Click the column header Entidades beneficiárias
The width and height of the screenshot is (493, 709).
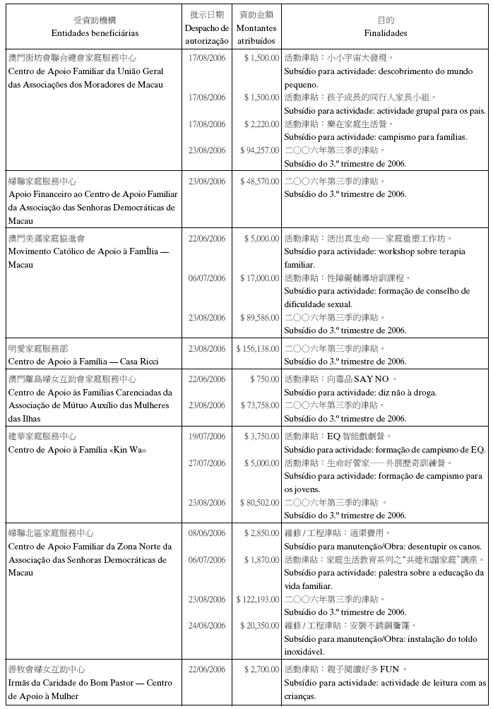click(x=95, y=33)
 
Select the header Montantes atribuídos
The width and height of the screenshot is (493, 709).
click(x=256, y=34)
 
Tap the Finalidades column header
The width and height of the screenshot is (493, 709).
click(x=386, y=33)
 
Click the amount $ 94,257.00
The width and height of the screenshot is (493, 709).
click(x=260, y=150)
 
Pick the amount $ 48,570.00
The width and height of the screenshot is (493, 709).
click(x=260, y=181)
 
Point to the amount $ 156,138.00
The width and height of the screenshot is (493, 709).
click(x=258, y=349)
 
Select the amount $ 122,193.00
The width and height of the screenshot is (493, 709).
click(x=258, y=600)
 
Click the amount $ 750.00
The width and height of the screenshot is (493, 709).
click(x=265, y=379)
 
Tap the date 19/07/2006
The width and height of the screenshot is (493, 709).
click(x=207, y=436)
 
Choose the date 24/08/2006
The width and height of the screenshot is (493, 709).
click(x=207, y=626)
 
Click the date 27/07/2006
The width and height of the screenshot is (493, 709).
click(x=207, y=463)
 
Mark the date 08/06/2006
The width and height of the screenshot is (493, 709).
click(x=207, y=532)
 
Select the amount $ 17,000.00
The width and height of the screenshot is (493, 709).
click(x=260, y=278)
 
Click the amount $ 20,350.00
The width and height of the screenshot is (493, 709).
click(x=260, y=626)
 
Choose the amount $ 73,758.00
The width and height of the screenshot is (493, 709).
click(x=260, y=405)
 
